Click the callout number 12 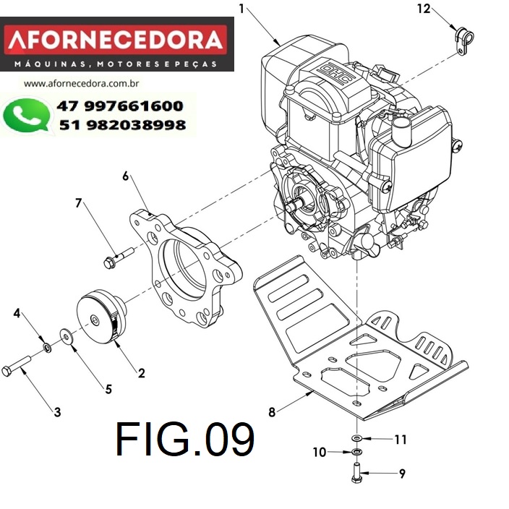[x=424, y=9]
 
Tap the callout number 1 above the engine [x=241, y=9]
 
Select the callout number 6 [x=126, y=176]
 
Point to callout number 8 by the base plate [x=272, y=412]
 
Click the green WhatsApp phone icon [x=27, y=115]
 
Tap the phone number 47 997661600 [x=120, y=106]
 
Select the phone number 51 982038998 [x=122, y=125]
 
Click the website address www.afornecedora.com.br [x=81, y=84]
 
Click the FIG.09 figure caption [x=184, y=439]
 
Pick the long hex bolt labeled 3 [x=16, y=366]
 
